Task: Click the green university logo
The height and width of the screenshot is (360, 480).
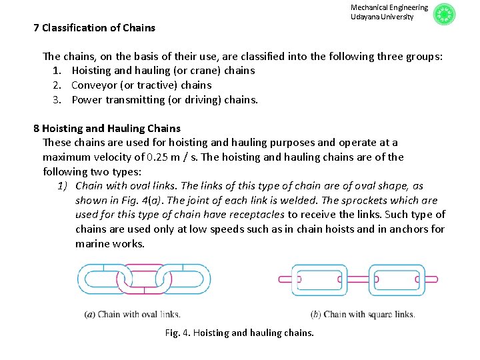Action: click(444, 15)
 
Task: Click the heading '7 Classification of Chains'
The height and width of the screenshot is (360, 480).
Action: click(94, 28)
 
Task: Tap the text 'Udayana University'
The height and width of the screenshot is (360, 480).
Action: click(382, 17)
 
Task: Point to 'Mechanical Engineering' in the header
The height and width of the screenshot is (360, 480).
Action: click(389, 7)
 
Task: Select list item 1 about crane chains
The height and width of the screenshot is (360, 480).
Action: click(163, 71)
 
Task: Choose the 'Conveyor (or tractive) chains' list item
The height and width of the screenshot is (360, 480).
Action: click(141, 85)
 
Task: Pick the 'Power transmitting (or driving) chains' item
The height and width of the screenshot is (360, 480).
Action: click(164, 100)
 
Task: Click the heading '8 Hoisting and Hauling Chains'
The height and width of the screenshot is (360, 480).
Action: click(107, 128)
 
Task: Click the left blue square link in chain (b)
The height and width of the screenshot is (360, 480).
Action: click(321, 279)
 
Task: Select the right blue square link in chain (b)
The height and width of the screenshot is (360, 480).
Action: click(397, 279)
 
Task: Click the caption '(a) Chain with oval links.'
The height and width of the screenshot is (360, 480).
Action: click(132, 315)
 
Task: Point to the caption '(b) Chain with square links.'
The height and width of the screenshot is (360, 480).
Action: click(363, 315)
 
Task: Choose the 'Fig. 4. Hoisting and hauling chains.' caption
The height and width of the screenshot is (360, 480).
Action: click(239, 333)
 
